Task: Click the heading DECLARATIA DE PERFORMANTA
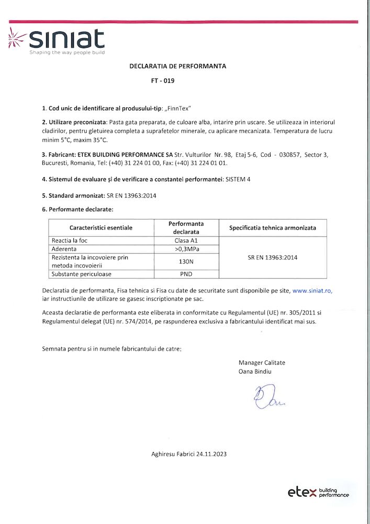click(178, 67)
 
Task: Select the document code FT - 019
click(162, 81)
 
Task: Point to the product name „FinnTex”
click(177, 108)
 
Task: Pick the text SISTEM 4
click(238, 179)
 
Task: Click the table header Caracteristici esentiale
click(101, 228)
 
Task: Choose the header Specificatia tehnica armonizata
click(273, 228)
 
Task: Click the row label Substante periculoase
click(81, 274)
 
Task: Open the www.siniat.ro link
click(312, 290)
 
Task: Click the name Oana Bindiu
click(255, 372)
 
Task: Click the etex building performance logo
click(318, 492)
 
